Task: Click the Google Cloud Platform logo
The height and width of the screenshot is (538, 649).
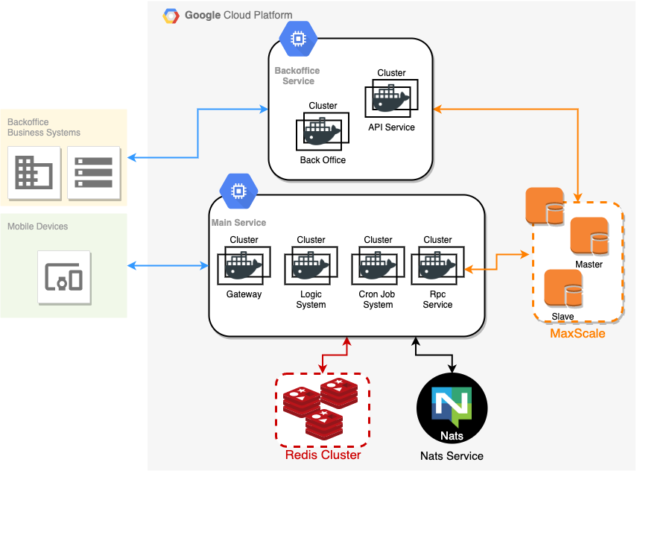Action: point(171,16)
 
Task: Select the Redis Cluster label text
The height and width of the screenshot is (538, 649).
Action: point(323,455)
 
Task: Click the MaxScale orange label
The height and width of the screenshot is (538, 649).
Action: point(577,334)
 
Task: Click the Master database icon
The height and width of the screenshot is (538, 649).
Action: point(589,237)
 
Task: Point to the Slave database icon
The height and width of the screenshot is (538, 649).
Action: point(563,289)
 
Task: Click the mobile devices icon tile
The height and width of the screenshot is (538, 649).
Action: point(64,278)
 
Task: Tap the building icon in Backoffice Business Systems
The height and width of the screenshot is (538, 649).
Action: point(34,173)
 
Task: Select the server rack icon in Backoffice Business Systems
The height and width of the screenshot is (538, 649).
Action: point(94,173)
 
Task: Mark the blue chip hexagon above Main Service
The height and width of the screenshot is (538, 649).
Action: point(238,192)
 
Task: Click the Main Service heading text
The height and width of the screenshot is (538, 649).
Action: point(238,223)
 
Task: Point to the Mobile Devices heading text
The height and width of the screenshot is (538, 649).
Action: point(37,227)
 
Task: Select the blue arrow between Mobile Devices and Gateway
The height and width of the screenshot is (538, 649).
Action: point(168,265)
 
